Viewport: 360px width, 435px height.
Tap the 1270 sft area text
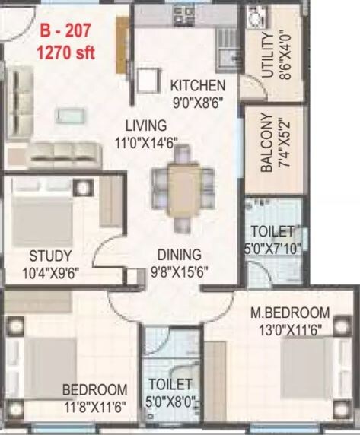coord(67,52)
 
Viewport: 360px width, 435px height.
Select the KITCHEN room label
coord(198,85)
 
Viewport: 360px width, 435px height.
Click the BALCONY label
coord(266,144)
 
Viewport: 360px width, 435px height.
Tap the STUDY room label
coord(51,255)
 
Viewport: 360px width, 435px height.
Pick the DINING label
coord(180,255)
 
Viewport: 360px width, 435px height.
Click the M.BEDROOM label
coord(290,313)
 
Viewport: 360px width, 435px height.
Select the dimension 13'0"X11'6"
coord(290,329)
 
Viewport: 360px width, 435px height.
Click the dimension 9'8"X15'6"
coord(180,271)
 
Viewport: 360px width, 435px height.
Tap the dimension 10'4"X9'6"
coord(51,271)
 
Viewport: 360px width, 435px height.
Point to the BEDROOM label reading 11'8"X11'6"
coord(94,389)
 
